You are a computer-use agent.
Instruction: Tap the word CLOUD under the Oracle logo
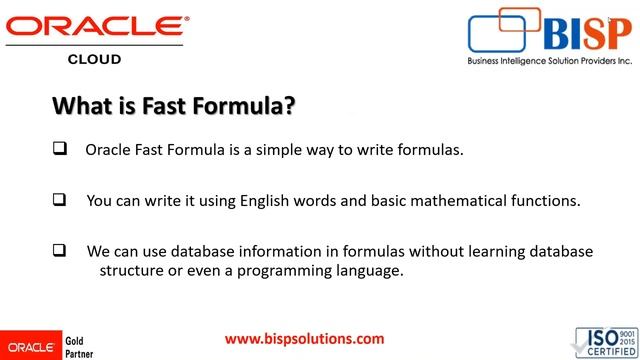coord(94,59)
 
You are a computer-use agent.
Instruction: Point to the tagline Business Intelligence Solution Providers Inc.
coord(550,60)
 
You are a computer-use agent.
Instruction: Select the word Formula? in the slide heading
coord(251,105)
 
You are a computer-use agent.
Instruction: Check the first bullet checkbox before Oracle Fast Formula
coord(59,150)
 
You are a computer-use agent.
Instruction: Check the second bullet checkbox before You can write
coord(59,200)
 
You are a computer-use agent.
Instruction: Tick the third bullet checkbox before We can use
coord(59,250)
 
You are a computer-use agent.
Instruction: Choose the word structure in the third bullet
coord(133,270)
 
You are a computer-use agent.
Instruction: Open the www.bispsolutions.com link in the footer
coord(304,339)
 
